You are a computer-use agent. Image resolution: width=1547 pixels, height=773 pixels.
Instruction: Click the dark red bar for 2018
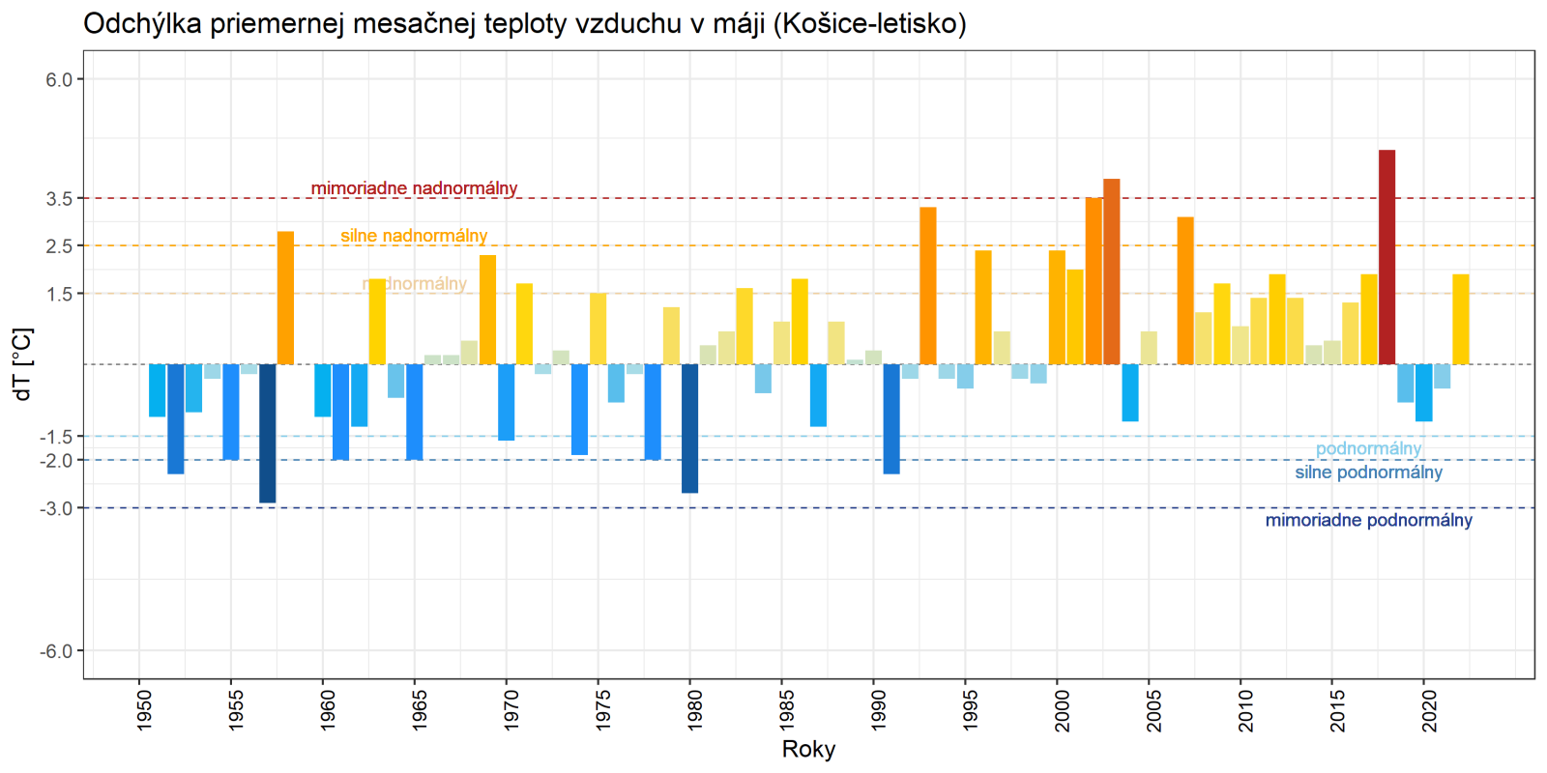(1386, 257)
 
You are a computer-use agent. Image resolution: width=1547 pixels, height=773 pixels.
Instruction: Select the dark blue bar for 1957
(267, 433)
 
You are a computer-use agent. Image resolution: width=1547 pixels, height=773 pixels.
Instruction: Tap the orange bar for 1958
(285, 298)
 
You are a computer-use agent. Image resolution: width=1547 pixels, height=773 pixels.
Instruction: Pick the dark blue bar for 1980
(689, 428)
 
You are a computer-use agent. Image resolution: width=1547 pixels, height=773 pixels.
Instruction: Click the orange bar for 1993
(927, 286)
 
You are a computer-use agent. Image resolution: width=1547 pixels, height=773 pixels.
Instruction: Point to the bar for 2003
(1111, 272)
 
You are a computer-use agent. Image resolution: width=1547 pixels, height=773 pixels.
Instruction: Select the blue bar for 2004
(1129, 392)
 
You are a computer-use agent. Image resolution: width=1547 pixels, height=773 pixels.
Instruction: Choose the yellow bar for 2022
(1460, 319)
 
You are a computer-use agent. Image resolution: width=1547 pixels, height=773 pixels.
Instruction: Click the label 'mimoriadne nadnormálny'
(414, 188)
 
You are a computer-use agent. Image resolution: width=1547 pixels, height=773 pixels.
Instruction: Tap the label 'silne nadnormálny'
(414, 236)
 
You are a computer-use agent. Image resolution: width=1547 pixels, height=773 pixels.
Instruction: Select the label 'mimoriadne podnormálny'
(1368, 521)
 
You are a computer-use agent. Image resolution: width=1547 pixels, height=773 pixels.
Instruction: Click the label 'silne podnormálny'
(1368, 472)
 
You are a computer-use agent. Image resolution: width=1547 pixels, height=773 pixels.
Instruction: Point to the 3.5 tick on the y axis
(60, 198)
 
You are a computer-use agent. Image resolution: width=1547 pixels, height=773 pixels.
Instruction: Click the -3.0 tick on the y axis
(56, 508)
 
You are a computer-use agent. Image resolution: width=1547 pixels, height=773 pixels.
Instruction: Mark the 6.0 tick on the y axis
(60, 79)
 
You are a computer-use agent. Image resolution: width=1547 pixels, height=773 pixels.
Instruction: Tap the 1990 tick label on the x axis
(878, 710)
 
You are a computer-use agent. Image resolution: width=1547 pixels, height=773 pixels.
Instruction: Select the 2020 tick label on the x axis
(1429, 710)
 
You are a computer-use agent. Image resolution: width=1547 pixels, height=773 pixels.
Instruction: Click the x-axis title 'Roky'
(808, 750)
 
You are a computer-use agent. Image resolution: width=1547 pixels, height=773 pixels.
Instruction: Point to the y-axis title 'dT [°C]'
(22, 364)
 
